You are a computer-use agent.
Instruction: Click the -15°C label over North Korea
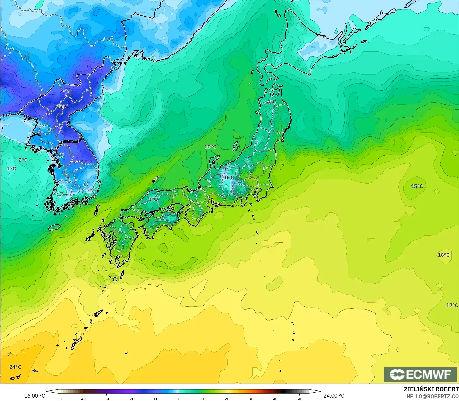click(x=61, y=107)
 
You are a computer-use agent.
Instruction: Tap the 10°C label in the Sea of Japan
click(x=210, y=147)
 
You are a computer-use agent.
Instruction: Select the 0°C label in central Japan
click(x=229, y=178)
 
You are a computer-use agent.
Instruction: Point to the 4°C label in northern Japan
click(x=271, y=102)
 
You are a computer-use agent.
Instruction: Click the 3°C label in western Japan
click(x=153, y=199)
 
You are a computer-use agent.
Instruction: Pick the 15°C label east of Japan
click(x=417, y=186)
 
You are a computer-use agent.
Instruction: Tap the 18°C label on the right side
click(x=444, y=255)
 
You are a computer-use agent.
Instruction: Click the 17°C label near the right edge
click(x=452, y=305)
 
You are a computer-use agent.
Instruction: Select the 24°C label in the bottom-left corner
click(x=15, y=367)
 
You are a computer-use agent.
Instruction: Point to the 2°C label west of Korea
click(x=23, y=160)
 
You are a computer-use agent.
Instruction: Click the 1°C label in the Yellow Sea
click(x=12, y=169)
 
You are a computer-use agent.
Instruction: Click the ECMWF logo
click(x=420, y=374)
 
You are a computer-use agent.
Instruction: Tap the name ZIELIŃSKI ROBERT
click(x=431, y=389)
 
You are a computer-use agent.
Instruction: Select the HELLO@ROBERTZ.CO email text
click(x=433, y=396)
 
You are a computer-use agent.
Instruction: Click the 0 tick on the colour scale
click(x=179, y=399)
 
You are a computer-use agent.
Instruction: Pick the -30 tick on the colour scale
click(x=106, y=399)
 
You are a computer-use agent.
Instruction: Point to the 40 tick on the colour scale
click(x=275, y=399)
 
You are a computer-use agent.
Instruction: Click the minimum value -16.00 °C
click(x=33, y=396)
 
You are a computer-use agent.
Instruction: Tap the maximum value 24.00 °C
click(x=334, y=396)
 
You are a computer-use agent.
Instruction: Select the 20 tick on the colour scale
click(x=227, y=399)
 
